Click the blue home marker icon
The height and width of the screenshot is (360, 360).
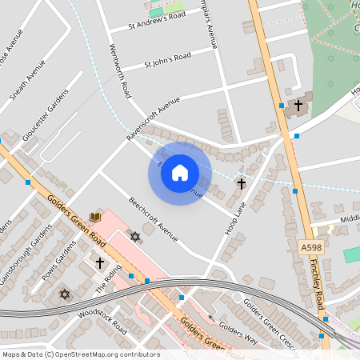point(180,174)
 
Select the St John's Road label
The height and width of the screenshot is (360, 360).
point(167,59)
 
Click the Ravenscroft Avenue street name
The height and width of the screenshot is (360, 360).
point(153,120)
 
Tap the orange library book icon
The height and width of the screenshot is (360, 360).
point(96,217)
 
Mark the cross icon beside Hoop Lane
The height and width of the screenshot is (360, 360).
point(241,184)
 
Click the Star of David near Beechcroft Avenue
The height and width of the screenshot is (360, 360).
point(134,237)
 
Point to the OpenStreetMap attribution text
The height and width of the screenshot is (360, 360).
point(80,354)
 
